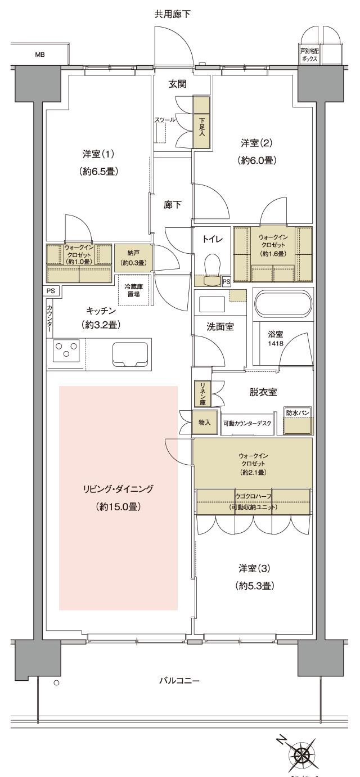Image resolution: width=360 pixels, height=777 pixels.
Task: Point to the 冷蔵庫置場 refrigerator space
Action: pyautogui.click(x=133, y=290)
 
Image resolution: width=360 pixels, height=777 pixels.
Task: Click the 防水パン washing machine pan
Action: pyautogui.click(x=298, y=421)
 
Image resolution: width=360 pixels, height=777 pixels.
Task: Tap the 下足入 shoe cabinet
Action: pyautogui.click(x=201, y=123)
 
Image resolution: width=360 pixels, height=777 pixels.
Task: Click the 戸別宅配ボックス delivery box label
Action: pyautogui.click(x=309, y=55)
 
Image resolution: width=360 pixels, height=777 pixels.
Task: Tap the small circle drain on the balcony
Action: pyautogui.click(x=57, y=684)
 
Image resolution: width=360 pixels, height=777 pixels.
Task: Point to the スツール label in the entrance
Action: pyautogui.click(x=165, y=120)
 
